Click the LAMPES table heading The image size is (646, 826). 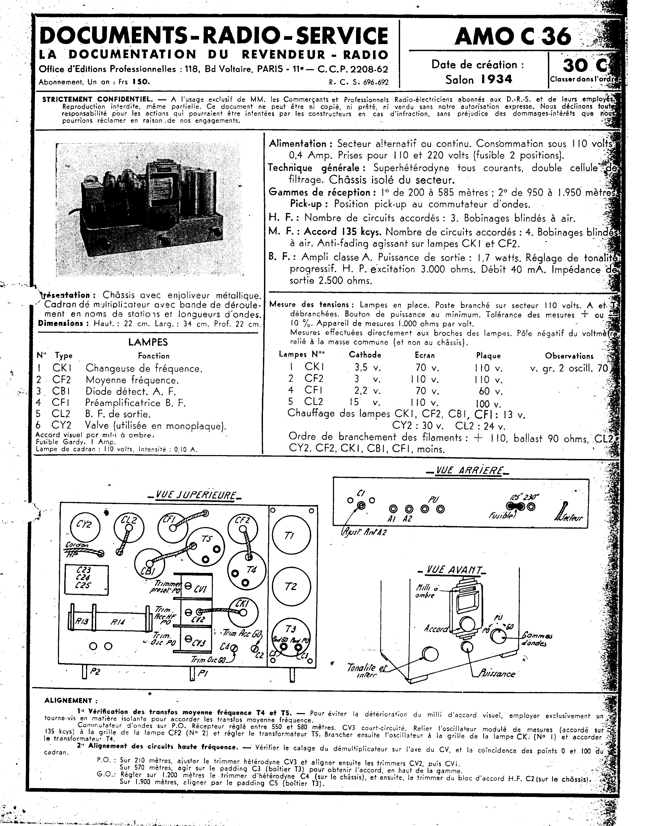tap(148, 342)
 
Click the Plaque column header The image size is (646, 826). tap(488, 355)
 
